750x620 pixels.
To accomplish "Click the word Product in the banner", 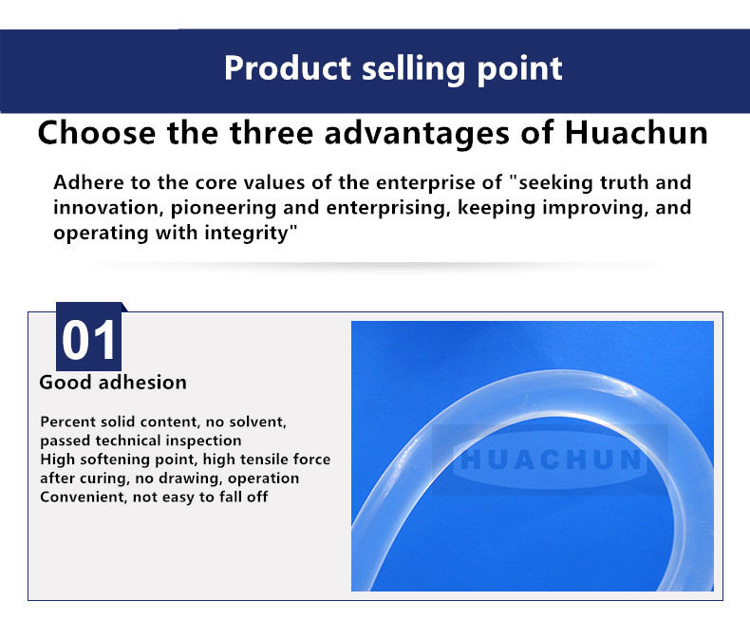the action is click(288, 68).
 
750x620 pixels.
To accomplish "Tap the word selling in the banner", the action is click(413, 69).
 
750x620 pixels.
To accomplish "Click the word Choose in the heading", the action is click(97, 133).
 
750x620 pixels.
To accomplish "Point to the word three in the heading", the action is click(272, 133).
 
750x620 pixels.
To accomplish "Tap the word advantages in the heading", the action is click(417, 134).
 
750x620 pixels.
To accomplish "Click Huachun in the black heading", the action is click(636, 133).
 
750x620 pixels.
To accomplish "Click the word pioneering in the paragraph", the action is click(223, 209).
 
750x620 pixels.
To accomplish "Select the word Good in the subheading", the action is click(66, 383).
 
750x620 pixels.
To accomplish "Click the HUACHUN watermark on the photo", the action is click(550, 460).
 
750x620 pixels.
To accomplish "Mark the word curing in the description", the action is click(104, 479).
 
